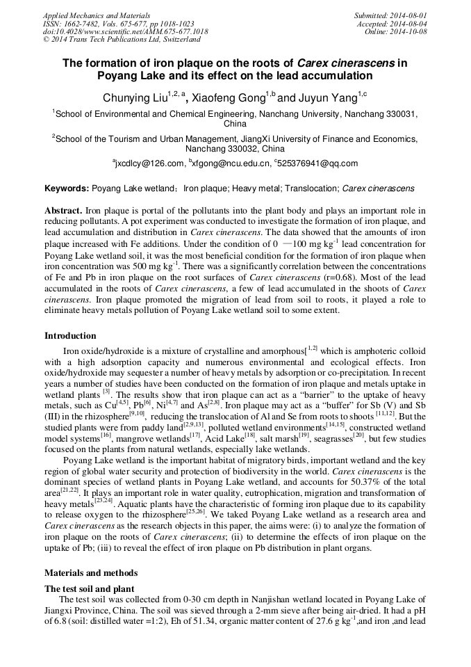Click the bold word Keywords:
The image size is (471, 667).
point(67,188)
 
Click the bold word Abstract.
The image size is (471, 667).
point(64,211)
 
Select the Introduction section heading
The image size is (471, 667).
point(70,336)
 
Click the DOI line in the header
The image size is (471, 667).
point(125,32)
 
